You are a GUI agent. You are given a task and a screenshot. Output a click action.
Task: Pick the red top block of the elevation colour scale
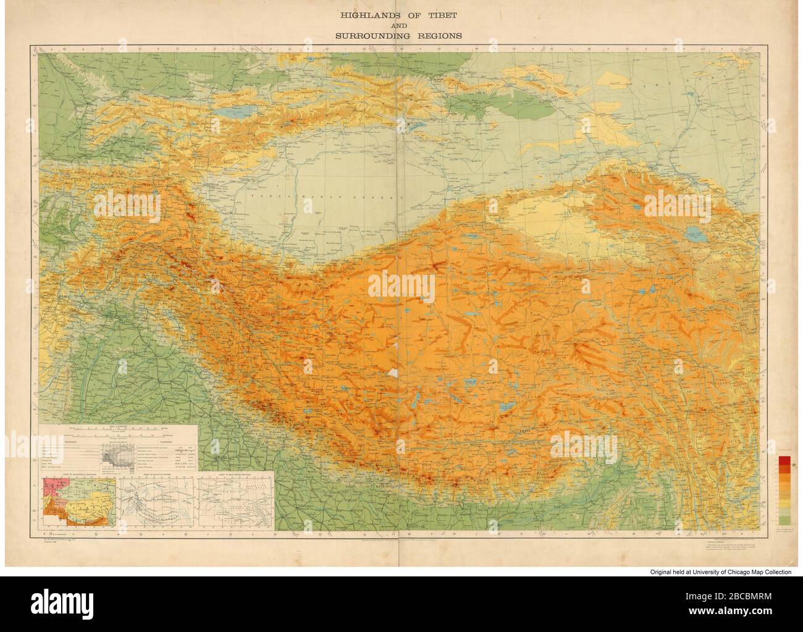pyautogui.click(x=784, y=460)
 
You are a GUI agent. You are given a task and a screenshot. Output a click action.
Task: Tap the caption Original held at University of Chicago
pyautogui.click(x=720, y=573)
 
